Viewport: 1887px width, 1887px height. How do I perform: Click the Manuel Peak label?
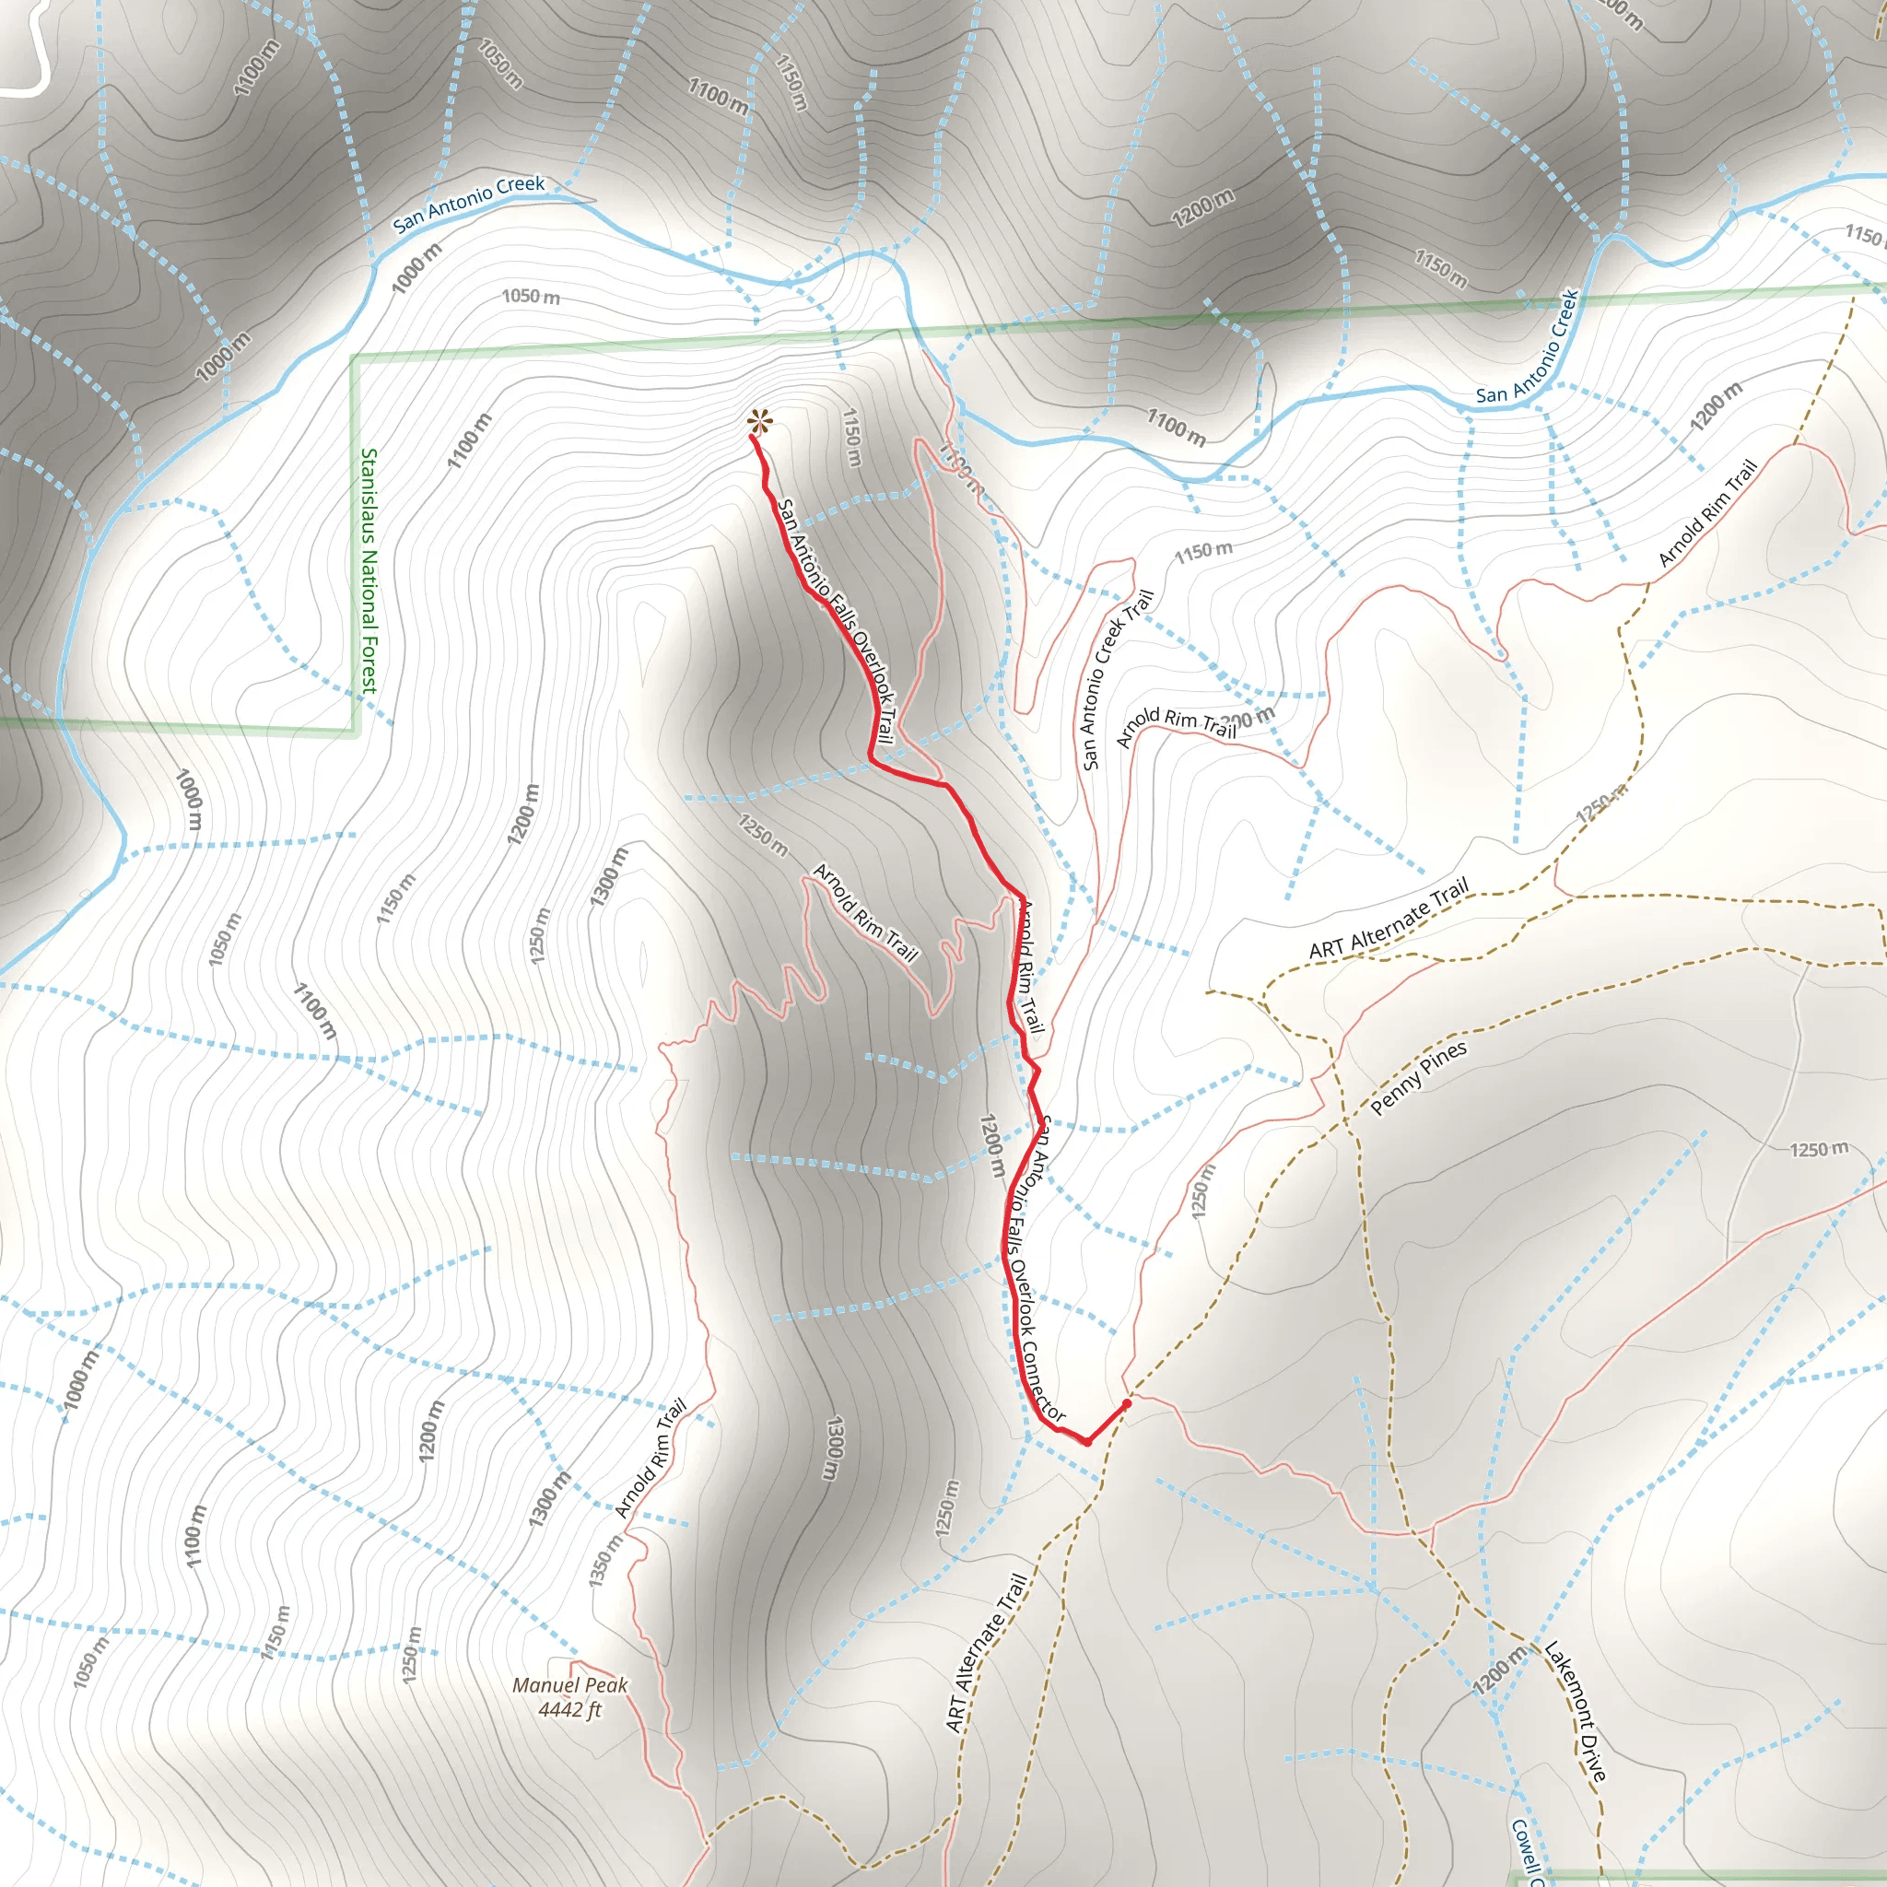pos(569,1685)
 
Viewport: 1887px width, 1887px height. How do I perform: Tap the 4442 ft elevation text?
pos(569,1709)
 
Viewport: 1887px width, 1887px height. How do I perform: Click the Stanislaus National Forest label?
pos(369,571)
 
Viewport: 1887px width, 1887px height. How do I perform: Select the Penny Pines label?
pos(1418,1077)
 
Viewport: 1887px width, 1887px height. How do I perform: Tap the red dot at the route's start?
pos(1127,1403)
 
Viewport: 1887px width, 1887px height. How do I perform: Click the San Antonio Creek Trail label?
pos(1118,679)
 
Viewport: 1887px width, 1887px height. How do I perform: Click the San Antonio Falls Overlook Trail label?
pos(835,621)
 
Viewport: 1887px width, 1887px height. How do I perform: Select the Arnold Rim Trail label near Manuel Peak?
pos(651,1459)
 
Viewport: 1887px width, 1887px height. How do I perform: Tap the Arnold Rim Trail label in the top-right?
pos(1708,513)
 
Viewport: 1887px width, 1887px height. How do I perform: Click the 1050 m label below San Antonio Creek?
pos(531,296)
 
